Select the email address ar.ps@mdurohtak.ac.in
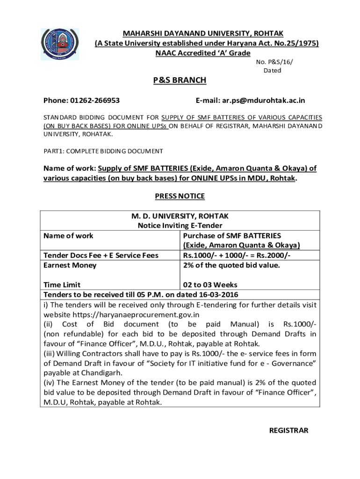250,101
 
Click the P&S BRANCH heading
180,80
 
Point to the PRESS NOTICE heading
180,196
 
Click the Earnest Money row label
70,265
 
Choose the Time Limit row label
62,285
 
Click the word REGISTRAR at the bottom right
289,430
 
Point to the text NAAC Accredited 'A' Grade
203,53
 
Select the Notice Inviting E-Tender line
180,226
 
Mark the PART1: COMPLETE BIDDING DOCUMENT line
103,151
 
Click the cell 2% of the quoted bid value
231,265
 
